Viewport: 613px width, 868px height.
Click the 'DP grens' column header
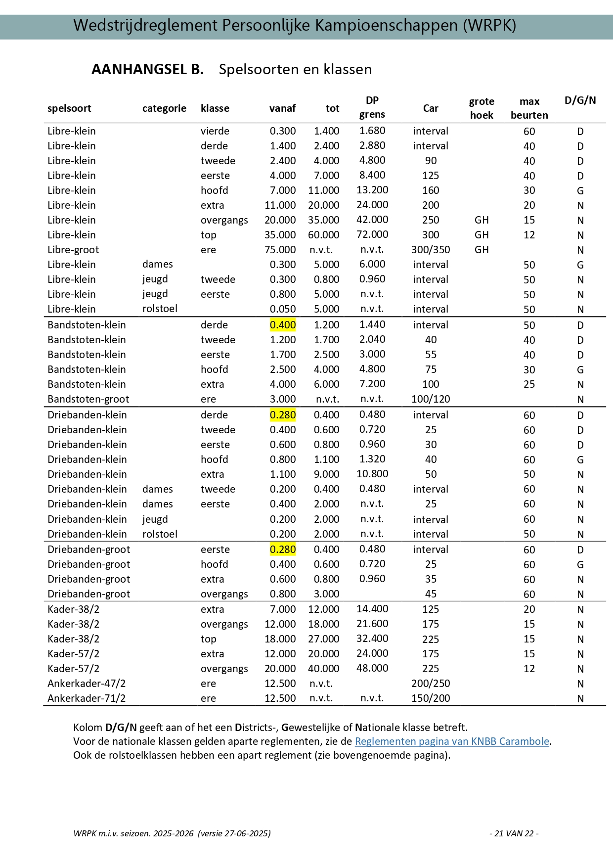372,107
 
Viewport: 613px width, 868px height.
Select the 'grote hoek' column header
482,108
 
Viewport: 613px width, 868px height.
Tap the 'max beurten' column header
529,108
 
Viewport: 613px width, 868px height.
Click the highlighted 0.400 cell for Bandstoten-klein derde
283,325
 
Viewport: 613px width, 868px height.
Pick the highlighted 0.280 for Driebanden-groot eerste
283,549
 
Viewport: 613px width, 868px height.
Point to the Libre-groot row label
73,250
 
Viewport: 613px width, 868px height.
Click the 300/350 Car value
431,250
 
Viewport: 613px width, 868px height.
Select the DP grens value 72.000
372,234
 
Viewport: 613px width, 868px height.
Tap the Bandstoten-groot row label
88,399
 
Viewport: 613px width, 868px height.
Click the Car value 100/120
431,399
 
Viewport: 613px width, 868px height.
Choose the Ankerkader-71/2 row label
87,698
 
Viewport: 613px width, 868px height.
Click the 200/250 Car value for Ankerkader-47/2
431,684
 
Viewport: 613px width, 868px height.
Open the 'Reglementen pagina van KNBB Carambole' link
452,741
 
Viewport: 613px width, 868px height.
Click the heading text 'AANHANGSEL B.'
147,69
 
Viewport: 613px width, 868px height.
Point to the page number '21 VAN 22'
514,833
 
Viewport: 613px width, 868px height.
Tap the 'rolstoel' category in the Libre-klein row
160,309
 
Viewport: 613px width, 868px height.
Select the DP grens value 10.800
372,474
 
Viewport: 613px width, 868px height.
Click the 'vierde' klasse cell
215,131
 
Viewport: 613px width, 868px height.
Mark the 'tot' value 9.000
326,474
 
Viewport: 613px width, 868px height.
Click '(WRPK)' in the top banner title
489,25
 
